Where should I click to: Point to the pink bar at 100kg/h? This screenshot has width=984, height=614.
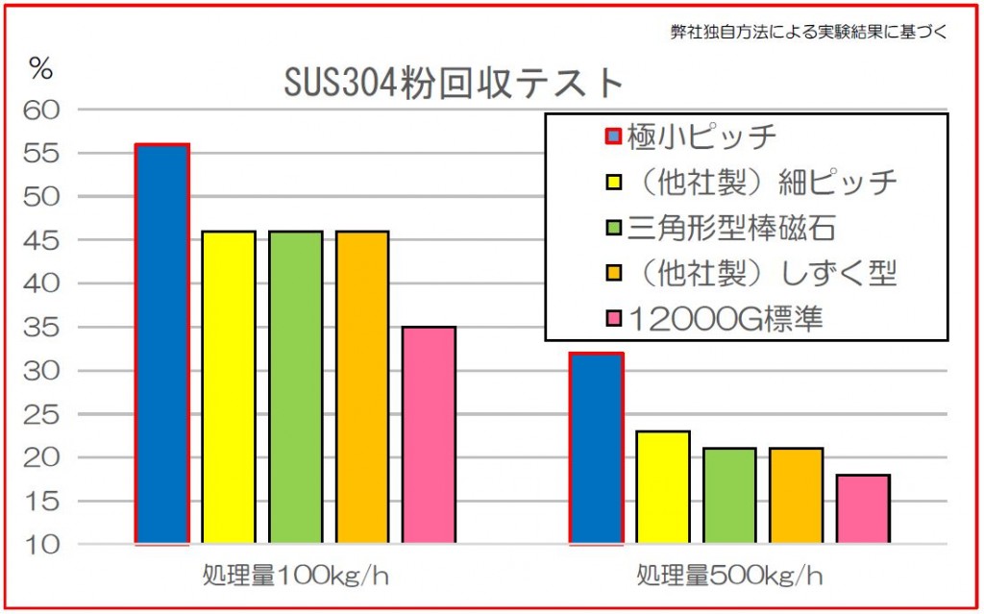coord(429,435)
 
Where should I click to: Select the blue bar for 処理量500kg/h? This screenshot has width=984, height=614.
coord(596,449)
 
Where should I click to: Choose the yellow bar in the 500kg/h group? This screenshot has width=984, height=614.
coord(662,488)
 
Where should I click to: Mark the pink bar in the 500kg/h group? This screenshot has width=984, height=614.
coord(862,509)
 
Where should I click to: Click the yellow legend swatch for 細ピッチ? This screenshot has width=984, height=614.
coord(611,183)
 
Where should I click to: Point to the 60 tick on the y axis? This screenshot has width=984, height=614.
coord(46,111)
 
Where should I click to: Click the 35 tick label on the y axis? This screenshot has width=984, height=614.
coord(46,328)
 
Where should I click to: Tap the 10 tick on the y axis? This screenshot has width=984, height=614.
coord(46,545)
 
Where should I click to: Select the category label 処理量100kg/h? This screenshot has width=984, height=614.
coord(295,577)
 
